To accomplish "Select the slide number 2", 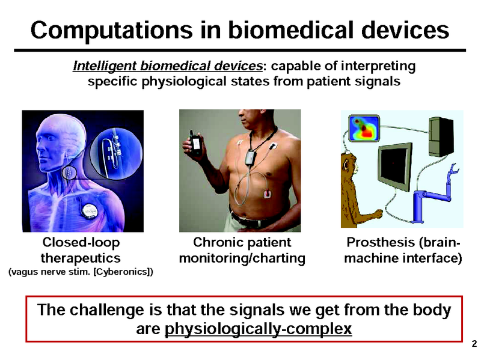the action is tap(474, 343).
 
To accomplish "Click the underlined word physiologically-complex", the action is tap(259, 329).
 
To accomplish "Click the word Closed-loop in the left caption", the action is tap(81, 243).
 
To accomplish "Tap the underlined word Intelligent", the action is tap(105, 66).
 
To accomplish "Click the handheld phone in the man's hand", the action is tap(195, 142).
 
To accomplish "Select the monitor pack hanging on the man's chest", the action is tap(251, 157).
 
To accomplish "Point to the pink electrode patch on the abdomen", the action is tap(268, 194).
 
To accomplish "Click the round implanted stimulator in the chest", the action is tap(91, 212).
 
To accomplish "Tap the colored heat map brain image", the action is tap(364, 128).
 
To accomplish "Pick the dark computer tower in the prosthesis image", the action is tap(441, 136).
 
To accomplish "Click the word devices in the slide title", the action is tap(405, 30).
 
